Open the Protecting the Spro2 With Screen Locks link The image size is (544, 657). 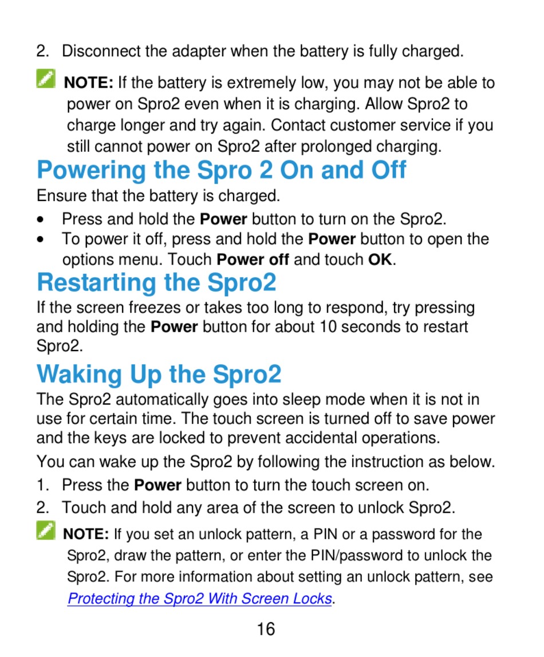pos(200,599)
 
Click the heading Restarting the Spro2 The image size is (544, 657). pos(157,282)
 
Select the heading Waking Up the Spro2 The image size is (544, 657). pos(159,374)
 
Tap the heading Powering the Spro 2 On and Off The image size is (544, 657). pos(222,170)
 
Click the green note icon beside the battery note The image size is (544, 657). pos(46,78)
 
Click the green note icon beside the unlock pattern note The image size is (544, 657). pos(46,530)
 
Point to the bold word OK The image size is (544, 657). pos(380,260)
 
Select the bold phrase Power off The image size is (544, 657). pos(253,260)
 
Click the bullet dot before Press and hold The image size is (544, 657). pos(40,219)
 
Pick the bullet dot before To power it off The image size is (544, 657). pos(40,239)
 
